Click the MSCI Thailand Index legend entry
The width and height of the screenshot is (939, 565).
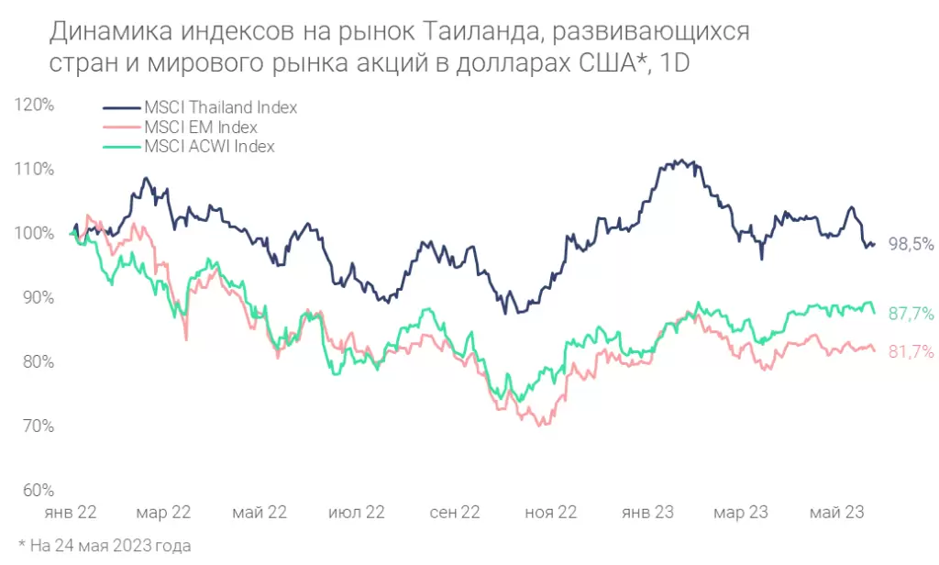pos(220,106)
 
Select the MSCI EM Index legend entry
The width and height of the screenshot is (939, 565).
pos(200,127)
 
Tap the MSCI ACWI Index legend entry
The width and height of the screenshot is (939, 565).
pos(209,146)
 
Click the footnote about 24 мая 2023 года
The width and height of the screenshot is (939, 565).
pos(105,546)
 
